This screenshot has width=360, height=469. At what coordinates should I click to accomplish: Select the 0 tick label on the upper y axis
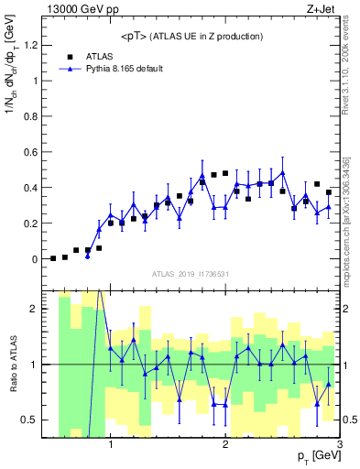(x=38, y=258)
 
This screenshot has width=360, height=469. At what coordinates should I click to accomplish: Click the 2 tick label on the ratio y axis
(x=38, y=309)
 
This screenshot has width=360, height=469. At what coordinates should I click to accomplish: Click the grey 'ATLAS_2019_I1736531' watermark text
(x=191, y=274)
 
